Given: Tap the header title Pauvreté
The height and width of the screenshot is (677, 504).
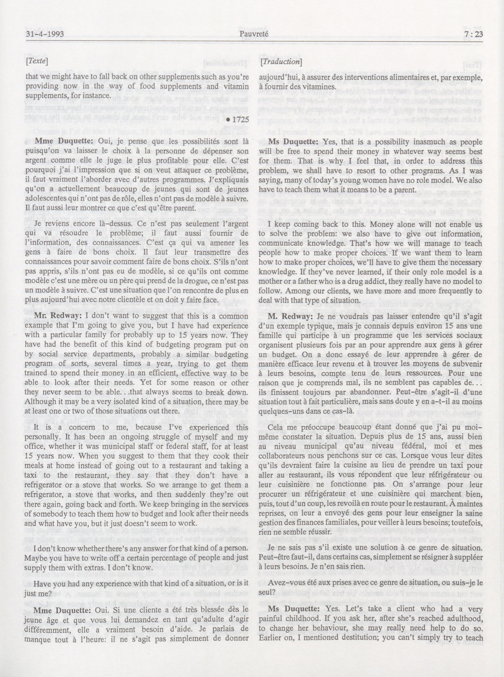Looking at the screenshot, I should [254, 34].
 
